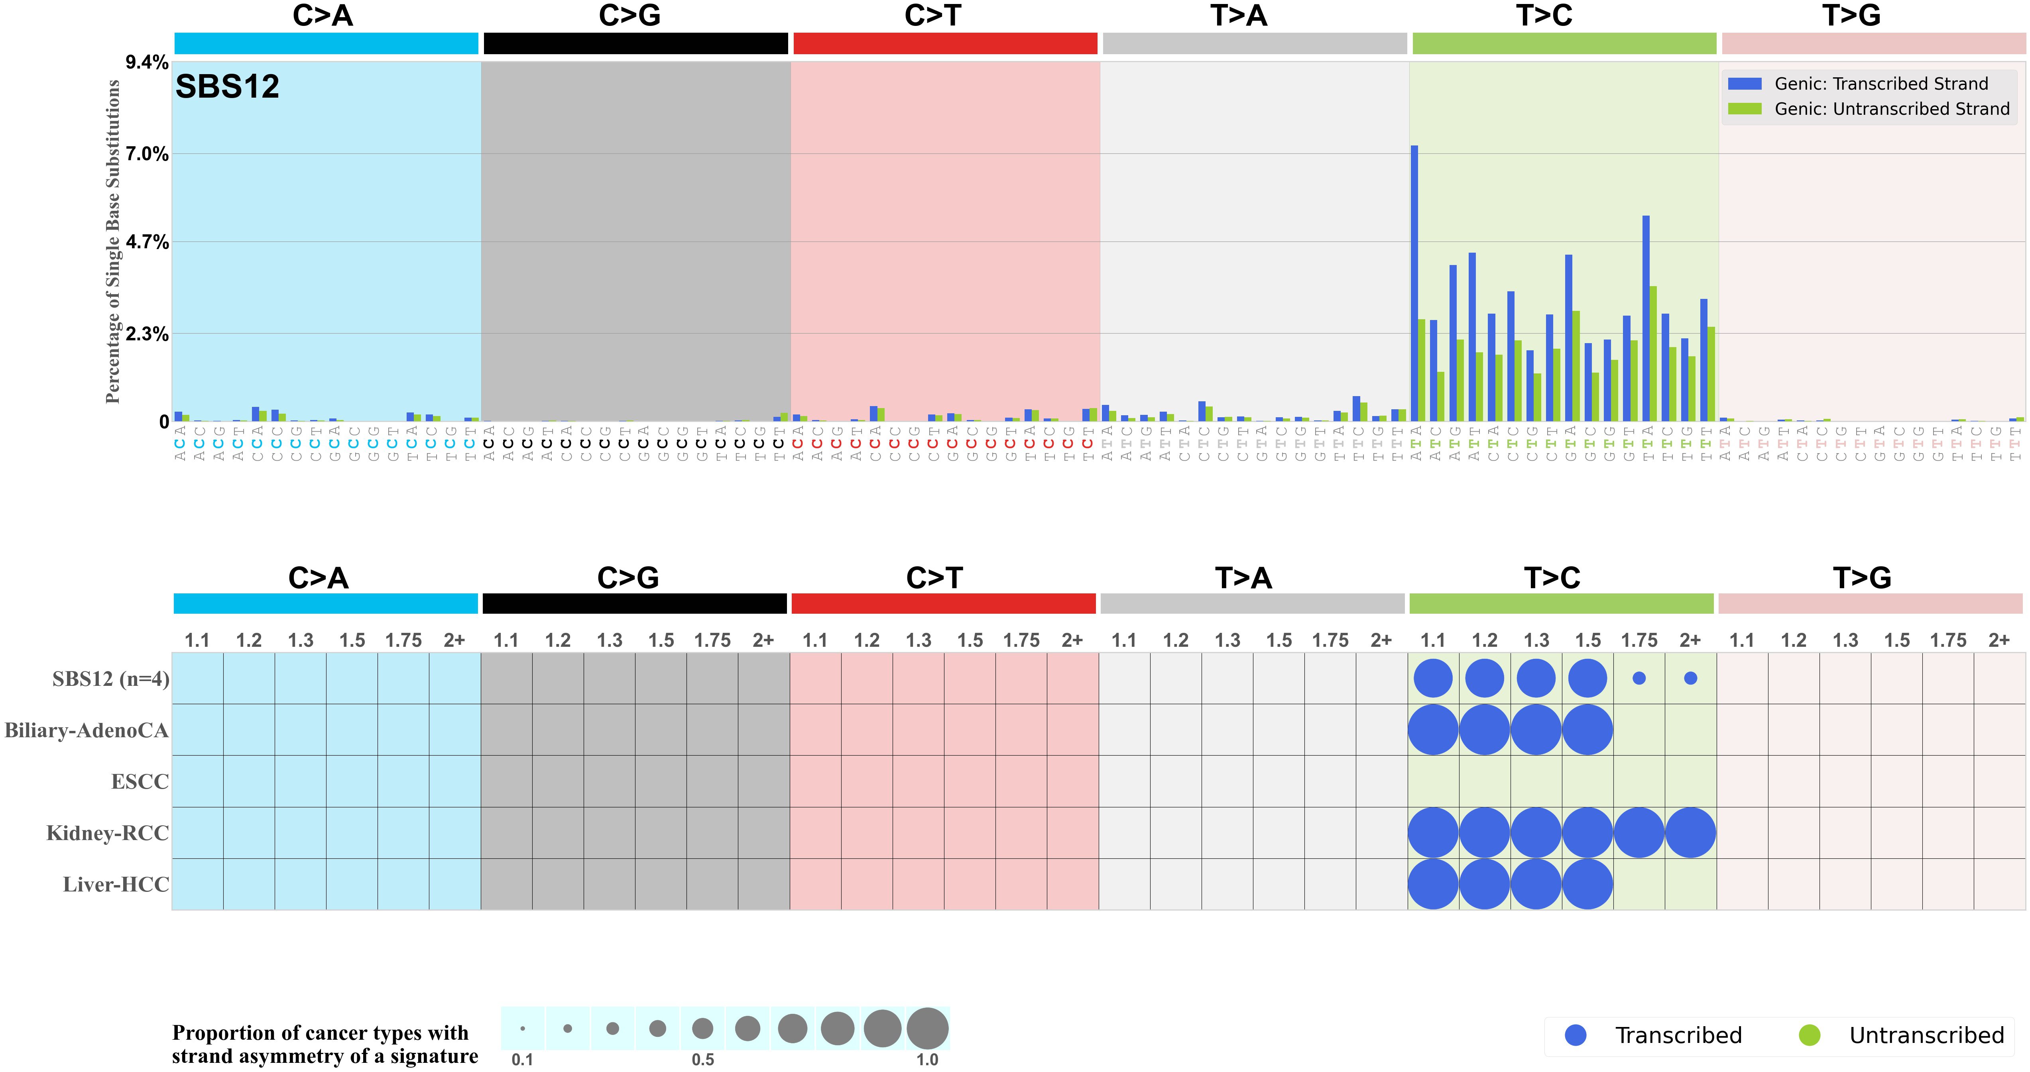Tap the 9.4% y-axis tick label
(x=148, y=62)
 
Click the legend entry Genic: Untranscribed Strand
(x=1891, y=109)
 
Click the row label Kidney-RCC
(x=108, y=833)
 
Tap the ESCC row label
(x=140, y=782)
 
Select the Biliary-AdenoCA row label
(x=87, y=731)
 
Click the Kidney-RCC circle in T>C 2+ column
(x=1690, y=832)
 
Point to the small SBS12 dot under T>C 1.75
(x=1639, y=678)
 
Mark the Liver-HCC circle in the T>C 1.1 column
(x=1433, y=884)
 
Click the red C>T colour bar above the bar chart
(x=945, y=43)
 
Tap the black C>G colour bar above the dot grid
(x=634, y=603)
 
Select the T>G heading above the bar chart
(x=1851, y=16)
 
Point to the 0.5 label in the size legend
(x=703, y=1059)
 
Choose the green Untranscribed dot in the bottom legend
(x=1810, y=1035)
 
